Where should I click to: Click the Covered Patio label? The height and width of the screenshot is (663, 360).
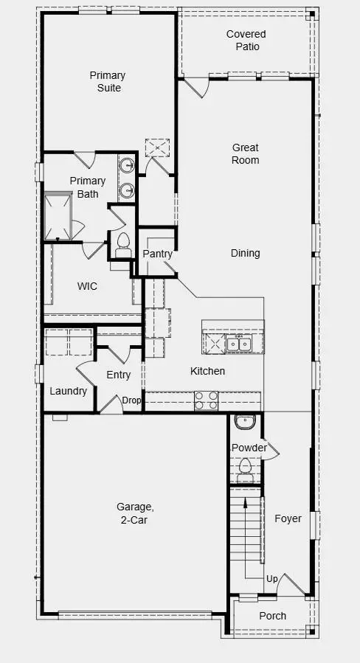coord(246,41)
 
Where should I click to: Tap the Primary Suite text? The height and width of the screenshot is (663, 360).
coord(107,82)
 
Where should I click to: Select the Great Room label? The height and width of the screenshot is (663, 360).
coord(245,154)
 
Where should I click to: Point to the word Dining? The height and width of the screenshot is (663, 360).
coord(245,253)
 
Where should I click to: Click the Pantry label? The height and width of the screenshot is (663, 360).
coord(157,254)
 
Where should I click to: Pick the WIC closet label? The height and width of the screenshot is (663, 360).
coord(88,285)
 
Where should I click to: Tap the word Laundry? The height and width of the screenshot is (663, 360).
coord(68,391)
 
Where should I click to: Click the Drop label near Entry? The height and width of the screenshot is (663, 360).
coord(131,400)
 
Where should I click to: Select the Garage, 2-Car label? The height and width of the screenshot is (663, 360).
coord(135,513)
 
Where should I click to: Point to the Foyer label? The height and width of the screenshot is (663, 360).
coord(288,518)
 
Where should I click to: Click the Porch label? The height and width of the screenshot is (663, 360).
coord(273,616)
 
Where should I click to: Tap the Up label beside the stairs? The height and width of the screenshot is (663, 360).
coord(271,580)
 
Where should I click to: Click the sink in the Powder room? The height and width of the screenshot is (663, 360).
coord(243,423)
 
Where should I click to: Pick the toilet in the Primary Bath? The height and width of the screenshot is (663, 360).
coord(122,242)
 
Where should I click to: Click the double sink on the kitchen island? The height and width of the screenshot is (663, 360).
coord(239,344)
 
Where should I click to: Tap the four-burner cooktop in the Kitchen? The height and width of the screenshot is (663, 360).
coord(206,400)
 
